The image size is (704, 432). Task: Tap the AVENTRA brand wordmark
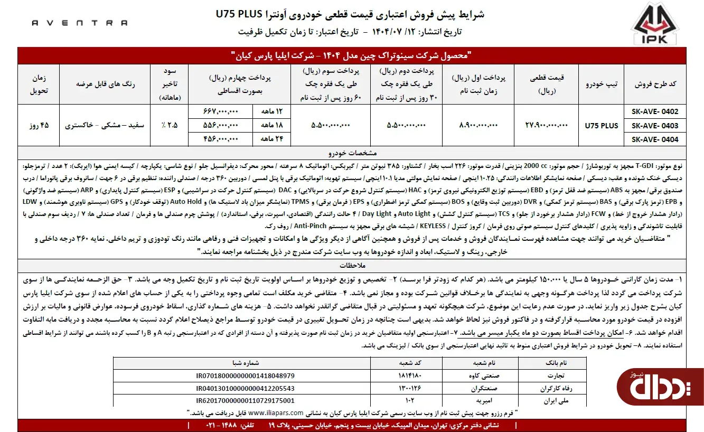coord(80,23)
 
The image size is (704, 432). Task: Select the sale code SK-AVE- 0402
coord(654,112)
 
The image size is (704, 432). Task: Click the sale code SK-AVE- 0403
coord(654,126)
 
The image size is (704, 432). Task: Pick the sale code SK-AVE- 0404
coord(654,139)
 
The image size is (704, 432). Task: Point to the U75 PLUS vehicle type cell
coord(601,126)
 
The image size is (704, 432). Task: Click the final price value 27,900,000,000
coord(546,126)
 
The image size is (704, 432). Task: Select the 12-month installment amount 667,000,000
coord(221,112)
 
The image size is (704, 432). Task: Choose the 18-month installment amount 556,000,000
coord(221,126)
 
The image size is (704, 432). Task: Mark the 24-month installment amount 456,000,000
coord(221,139)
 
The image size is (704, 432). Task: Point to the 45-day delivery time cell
coord(39,126)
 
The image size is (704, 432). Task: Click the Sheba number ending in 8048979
coord(241,375)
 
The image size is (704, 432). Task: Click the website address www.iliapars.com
coord(276,413)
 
